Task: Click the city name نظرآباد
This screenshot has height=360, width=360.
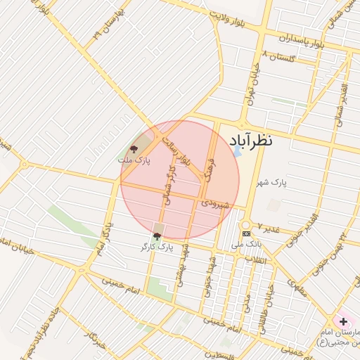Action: [259, 141]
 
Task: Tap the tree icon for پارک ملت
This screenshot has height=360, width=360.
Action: [134, 149]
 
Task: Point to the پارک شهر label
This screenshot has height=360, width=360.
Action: [273, 184]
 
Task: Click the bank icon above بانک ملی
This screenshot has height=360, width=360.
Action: [246, 233]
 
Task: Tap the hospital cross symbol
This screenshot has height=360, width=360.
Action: [342, 321]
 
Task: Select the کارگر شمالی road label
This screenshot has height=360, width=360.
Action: [167, 185]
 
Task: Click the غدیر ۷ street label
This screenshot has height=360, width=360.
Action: [269, 228]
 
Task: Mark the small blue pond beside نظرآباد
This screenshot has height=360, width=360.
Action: [237, 150]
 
